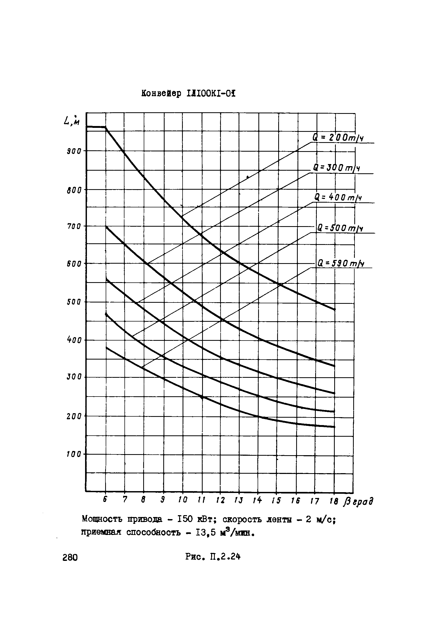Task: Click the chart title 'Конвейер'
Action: (x=161, y=94)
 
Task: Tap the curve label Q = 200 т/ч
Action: (x=338, y=138)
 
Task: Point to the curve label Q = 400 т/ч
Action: (x=338, y=197)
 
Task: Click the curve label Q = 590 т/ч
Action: (x=341, y=263)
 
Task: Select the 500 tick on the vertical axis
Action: (x=74, y=302)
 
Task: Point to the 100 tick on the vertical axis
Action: (x=74, y=454)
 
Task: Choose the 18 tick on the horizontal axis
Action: (x=334, y=501)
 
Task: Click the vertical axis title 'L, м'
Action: (x=71, y=120)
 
